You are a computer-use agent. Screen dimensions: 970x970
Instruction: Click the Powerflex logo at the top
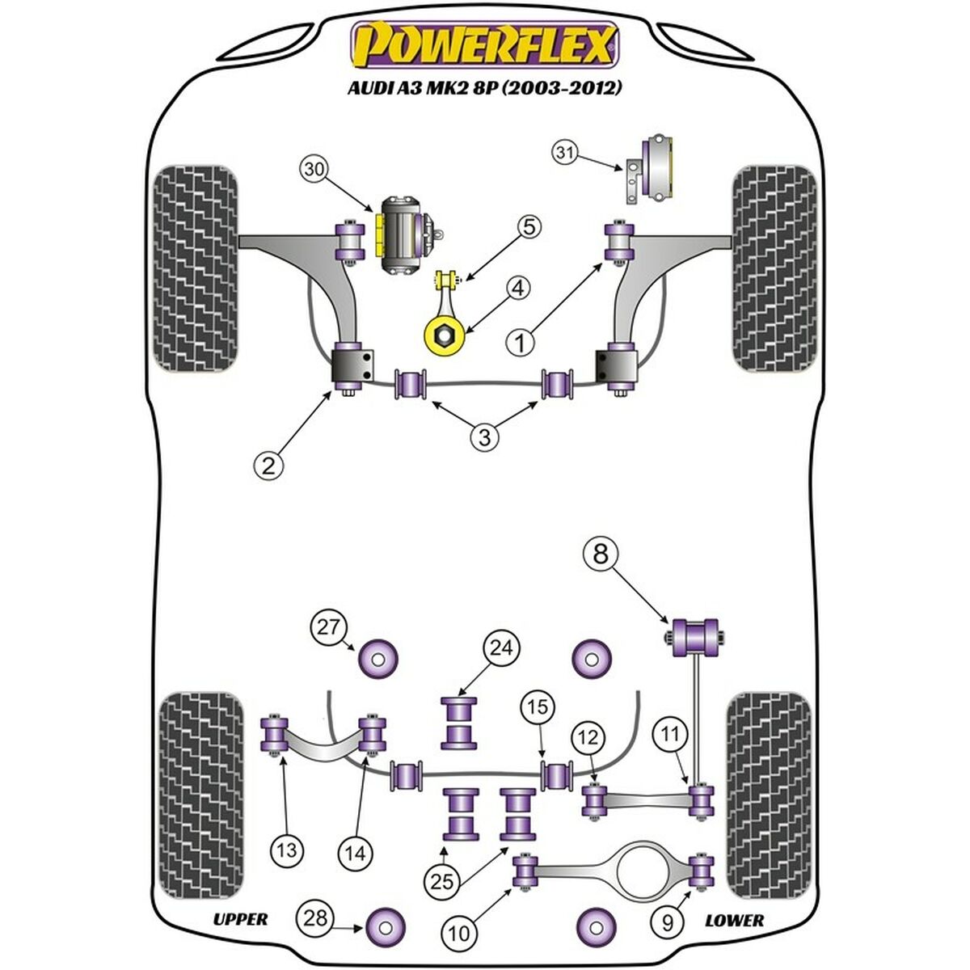click(x=484, y=45)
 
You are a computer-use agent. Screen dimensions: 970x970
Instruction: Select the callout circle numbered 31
click(x=567, y=154)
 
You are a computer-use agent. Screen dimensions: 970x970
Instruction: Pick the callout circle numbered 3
click(x=484, y=437)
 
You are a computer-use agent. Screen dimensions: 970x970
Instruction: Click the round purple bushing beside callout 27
click(x=378, y=656)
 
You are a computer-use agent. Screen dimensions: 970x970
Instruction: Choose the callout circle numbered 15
click(x=538, y=706)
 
